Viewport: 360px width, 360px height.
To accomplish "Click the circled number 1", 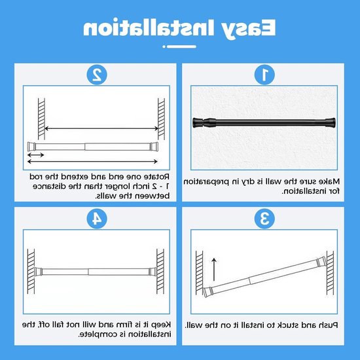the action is click(x=264, y=75).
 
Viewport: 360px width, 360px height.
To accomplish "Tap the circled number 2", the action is click(x=97, y=75).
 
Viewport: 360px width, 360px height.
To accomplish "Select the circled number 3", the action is click(x=264, y=219).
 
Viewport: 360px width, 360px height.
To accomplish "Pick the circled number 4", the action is click(x=97, y=219).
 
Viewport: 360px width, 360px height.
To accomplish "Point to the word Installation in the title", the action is click(x=149, y=27).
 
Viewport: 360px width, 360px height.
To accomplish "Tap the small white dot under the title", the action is click(x=164, y=46).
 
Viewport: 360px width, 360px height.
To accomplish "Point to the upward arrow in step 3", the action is click(x=214, y=269).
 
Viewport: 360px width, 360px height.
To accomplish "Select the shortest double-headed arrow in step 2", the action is click(x=35, y=154).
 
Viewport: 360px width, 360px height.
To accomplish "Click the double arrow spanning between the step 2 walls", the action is click(x=101, y=128).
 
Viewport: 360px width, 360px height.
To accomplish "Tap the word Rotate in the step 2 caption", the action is click(x=158, y=177).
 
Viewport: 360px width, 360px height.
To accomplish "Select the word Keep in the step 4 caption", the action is click(x=162, y=325).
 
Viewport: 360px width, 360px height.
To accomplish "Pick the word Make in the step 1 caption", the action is click(x=330, y=181).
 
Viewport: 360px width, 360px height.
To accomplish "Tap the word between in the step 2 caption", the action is click(x=155, y=196).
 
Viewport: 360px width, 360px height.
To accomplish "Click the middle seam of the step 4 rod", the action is click(x=88, y=272).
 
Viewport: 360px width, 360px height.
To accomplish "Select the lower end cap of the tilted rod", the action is click(x=208, y=293).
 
